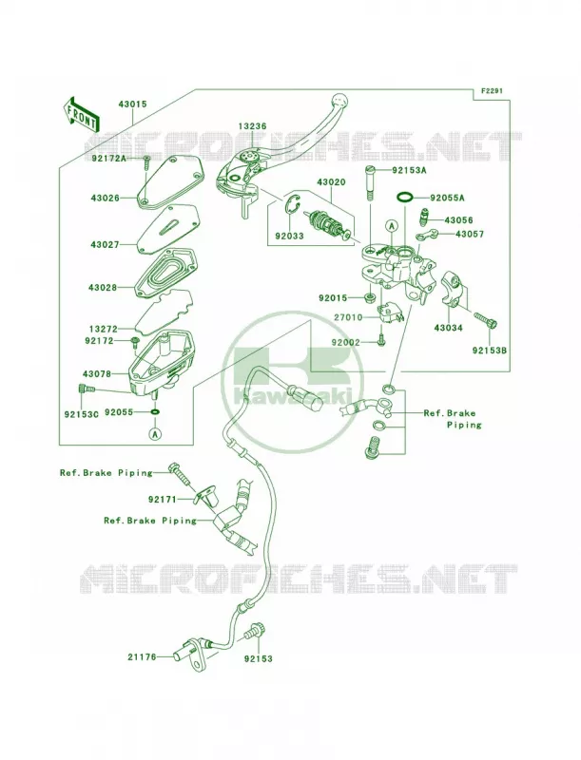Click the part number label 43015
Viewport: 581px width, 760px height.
coord(132,104)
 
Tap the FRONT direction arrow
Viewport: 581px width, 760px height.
coord(81,114)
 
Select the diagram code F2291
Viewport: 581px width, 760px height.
coord(493,90)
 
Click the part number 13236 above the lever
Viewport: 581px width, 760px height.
coord(252,126)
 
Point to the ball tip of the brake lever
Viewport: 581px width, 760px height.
coord(338,100)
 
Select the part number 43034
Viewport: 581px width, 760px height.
coord(448,328)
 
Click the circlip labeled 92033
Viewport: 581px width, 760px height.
coord(291,208)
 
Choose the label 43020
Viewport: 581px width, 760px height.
coord(331,182)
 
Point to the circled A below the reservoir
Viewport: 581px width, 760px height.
coord(155,434)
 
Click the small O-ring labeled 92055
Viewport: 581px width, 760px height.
coord(155,412)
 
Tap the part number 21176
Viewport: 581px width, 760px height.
coord(142,657)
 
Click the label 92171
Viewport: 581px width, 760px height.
coord(163,499)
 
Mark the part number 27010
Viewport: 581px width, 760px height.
coord(348,318)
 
